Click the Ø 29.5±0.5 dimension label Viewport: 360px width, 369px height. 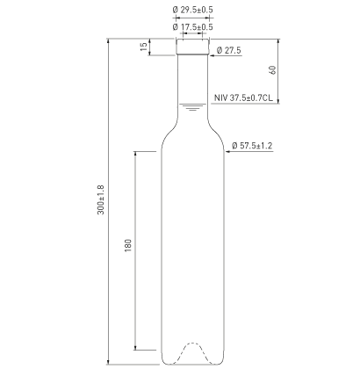click(x=193, y=10)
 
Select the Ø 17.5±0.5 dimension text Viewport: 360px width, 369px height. click(x=193, y=27)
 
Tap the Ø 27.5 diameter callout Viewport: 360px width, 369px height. click(x=229, y=50)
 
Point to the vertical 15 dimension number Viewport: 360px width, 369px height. click(x=143, y=47)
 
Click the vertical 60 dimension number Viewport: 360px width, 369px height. click(x=272, y=70)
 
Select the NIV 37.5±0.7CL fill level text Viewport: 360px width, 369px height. click(x=243, y=98)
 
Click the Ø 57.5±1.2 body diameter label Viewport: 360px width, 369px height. click(x=252, y=146)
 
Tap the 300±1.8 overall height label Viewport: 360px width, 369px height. click(x=101, y=199)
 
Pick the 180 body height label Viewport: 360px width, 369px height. click(x=128, y=246)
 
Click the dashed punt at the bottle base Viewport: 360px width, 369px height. click(x=192, y=343)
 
